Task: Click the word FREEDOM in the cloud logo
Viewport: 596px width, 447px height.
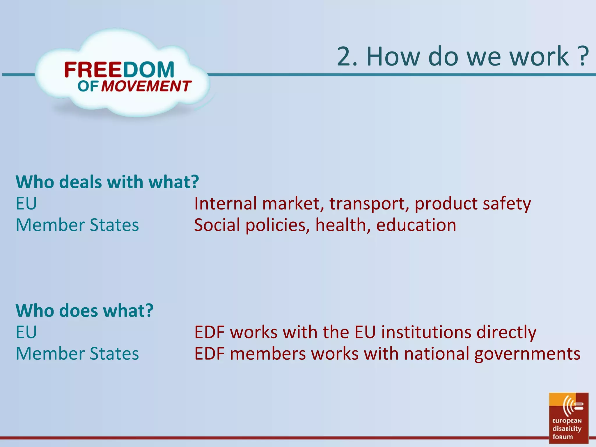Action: click(x=119, y=70)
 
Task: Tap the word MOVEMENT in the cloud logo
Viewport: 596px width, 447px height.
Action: click(x=146, y=86)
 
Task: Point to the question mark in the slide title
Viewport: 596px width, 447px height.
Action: click(x=583, y=56)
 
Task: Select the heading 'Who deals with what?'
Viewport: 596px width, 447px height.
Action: click(x=107, y=182)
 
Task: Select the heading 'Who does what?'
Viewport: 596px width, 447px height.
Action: click(x=84, y=311)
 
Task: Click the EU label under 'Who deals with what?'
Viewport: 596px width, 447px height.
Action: click(x=26, y=203)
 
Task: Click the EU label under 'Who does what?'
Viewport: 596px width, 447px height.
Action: click(x=26, y=332)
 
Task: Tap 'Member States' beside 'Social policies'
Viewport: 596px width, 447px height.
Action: click(x=77, y=225)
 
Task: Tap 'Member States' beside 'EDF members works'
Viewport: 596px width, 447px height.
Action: click(x=77, y=354)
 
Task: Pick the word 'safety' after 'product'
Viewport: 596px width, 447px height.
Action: click(x=507, y=204)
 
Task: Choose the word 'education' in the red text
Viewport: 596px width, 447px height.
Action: click(x=416, y=225)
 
